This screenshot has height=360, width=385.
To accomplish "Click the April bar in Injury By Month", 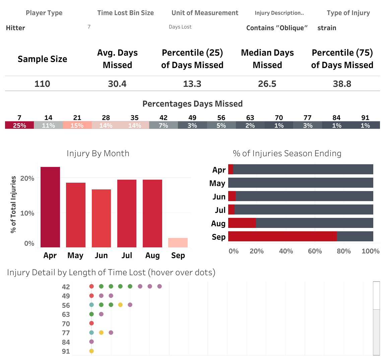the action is pos(50,207).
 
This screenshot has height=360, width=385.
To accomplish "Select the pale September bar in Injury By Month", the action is pos(178,243).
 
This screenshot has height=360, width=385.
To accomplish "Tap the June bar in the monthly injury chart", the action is pos(101,218).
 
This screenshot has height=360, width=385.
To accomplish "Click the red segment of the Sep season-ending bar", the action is pos(282,236).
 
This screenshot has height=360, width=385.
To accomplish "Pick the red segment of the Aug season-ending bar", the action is pos(242,223).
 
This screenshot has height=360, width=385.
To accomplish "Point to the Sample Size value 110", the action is pos(42,84).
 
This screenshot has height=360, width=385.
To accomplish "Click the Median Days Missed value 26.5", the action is pos(267,84).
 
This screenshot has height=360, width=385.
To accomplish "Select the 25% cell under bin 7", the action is pos(19,125).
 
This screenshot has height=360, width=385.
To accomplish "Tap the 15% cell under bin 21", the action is pos(77,125).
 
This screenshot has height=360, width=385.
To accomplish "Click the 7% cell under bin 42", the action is pos(164,125).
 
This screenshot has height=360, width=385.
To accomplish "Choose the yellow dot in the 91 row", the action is pos(91,351).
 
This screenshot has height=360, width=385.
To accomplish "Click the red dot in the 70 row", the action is pos(91,323).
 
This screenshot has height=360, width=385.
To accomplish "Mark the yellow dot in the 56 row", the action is pos(120,305).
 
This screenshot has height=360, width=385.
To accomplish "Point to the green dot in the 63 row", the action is pos(91,314).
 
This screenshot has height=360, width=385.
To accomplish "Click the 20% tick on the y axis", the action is pos(27,178).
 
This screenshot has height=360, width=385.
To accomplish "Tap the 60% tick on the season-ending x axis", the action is pos(315,251).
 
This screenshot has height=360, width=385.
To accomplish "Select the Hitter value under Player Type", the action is pos(15,28).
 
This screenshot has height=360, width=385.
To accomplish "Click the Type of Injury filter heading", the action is pos(348,13).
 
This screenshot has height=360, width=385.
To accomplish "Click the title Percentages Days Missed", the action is pos(192,104).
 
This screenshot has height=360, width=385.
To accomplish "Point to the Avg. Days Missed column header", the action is pos(117,59).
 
